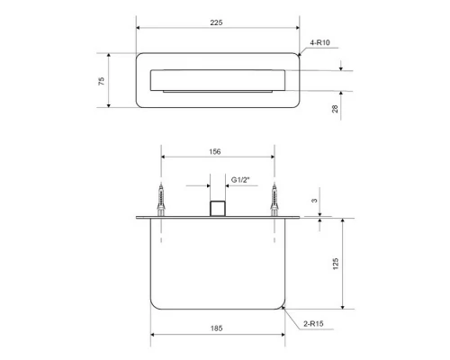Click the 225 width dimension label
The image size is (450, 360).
216,22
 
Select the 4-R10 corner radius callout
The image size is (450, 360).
319,42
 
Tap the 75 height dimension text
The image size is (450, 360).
102,81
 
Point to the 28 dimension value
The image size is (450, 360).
335,109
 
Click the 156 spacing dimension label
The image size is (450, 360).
215,152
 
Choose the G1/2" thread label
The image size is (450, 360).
240,180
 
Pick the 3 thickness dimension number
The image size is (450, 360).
314,201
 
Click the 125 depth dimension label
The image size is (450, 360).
336,264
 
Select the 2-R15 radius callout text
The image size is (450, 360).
313,324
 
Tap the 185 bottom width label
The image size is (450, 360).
216,328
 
